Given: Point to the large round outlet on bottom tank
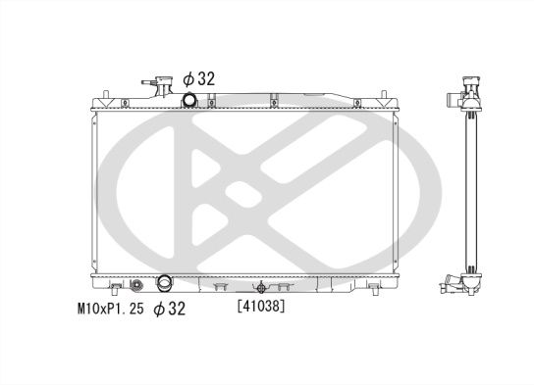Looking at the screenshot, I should pos(163,286).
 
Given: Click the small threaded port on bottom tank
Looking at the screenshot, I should pos(136,286).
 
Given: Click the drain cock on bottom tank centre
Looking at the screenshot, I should pos(261,287).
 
